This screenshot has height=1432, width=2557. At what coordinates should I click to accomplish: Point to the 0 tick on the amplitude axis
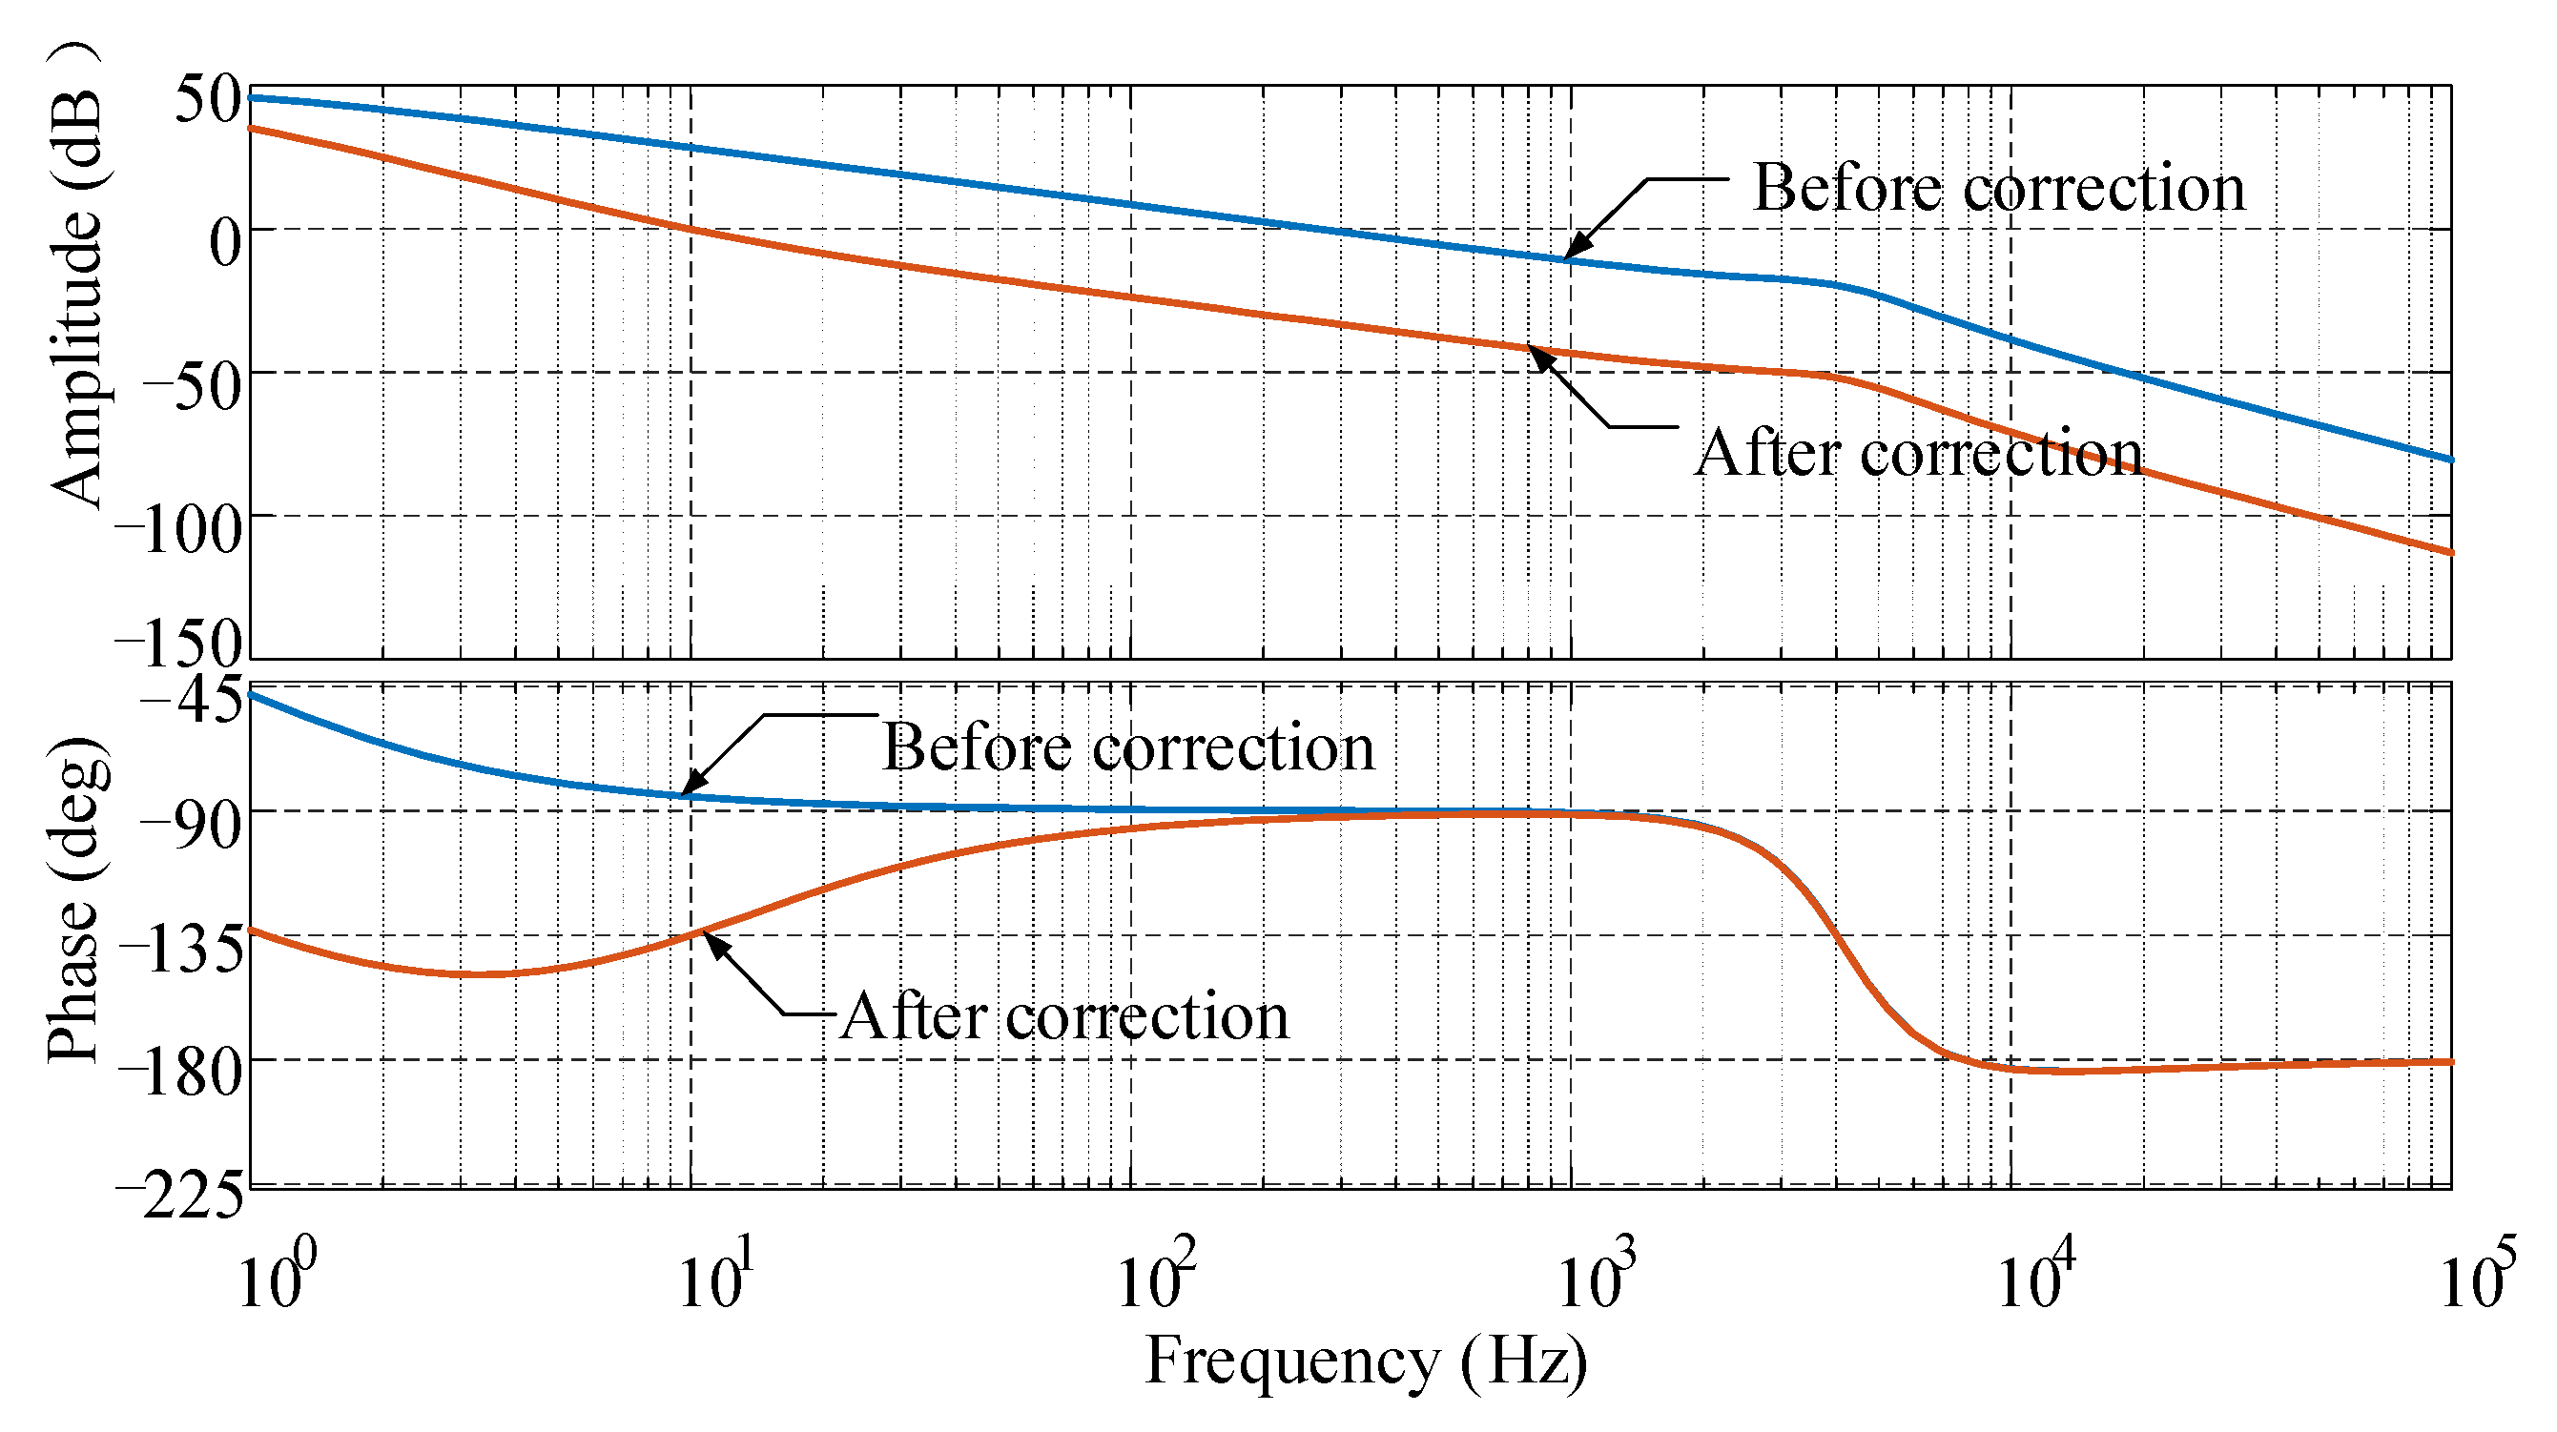225,242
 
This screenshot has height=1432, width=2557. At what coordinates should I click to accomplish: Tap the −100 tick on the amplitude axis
178,529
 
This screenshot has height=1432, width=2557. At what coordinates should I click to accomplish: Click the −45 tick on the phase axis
192,701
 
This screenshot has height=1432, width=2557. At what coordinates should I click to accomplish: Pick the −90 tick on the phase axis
192,825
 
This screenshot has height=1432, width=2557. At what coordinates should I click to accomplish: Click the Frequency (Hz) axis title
1366,1360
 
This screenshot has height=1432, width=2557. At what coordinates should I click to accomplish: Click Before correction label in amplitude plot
1998,188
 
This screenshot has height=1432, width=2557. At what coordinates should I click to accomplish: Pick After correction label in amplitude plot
1918,454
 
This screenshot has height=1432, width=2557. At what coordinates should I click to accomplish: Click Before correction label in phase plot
1128,747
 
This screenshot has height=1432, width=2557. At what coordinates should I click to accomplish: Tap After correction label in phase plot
1064,1016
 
